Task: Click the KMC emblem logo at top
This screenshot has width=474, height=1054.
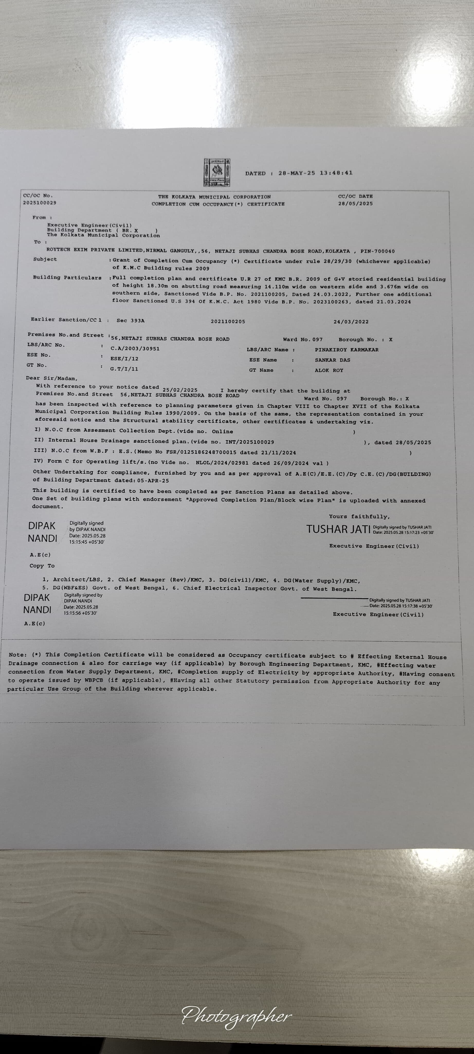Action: click(x=217, y=173)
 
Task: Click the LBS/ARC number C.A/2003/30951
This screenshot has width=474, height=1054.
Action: click(x=135, y=349)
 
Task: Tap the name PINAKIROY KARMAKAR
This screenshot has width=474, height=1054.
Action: click(x=347, y=350)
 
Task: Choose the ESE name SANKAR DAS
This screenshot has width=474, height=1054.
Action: click(x=332, y=360)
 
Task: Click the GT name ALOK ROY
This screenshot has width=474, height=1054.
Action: click(x=329, y=370)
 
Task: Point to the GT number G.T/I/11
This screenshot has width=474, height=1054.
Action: click(x=124, y=369)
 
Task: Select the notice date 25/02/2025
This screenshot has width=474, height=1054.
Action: click(x=180, y=390)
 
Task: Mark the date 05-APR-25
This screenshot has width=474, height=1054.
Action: click(x=153, y=481)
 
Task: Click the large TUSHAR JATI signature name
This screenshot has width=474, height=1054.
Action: click(x=338, y=530)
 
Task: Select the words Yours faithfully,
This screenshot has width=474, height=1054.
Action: click(x=359, y=517)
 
